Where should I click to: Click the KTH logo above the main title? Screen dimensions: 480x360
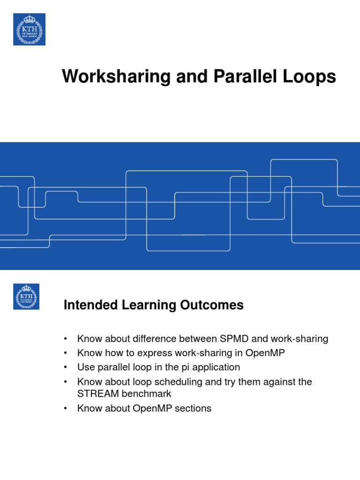pyautogui.click(x=29, y=29)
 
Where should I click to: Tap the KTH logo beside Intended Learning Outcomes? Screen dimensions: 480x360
pyautogui.click(x=26, y=297)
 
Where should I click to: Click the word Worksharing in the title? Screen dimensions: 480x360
pyautogui.click(x=111, y=76)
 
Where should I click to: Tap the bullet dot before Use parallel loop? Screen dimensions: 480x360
pyautogui.click(x=66, y=367)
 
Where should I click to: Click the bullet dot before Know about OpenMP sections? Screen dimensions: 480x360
pyautogui.click(x=66, y=408)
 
